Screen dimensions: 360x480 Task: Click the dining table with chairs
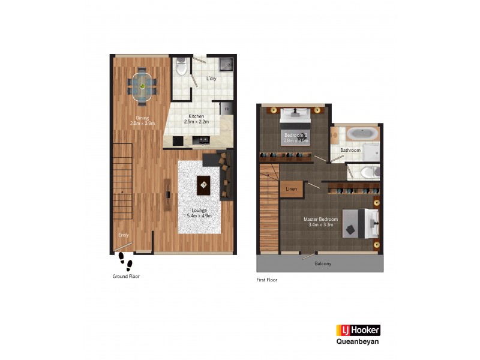coord(143,86)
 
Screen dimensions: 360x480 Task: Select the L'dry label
coord(211,79)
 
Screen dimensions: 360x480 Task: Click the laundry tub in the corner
coord(225,63)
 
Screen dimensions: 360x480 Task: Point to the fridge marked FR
coord(226,109)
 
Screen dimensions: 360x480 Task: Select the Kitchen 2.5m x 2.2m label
coord(196,119)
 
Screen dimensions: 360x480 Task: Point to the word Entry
coord(124,235)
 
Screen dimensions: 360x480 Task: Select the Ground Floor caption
coord(126,277)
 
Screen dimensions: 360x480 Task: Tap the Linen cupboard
coord(292,189)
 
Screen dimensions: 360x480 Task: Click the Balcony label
coord(322,263)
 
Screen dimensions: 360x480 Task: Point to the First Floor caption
coord(267,280)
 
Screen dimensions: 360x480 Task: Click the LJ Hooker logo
coord(358,330)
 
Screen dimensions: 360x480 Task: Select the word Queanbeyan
coord(358,343)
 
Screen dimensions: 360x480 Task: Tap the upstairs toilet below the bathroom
coord(368,172)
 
